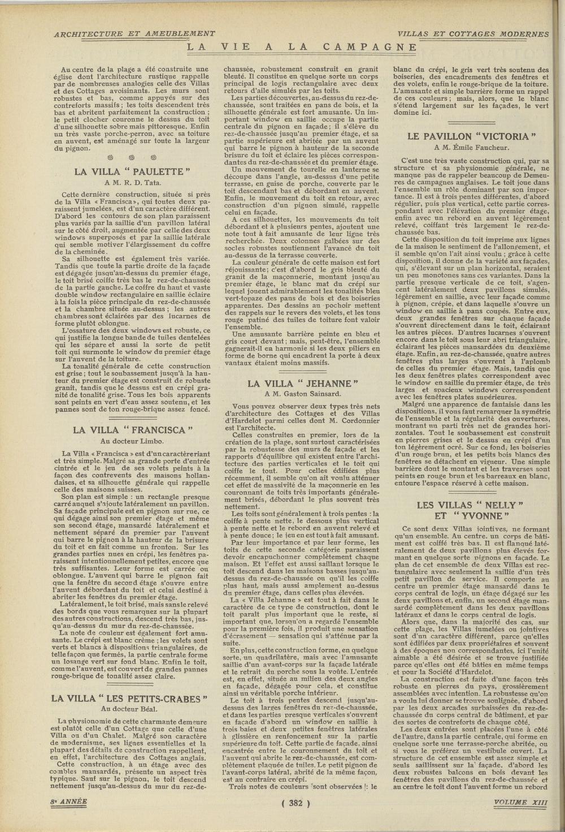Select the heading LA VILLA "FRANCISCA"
tap(133, 430)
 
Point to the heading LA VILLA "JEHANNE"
tap(303, 384)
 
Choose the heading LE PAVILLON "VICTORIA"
tap(471, 136)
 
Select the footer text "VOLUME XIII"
tap(519, 802)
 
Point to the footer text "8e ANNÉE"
tap(67, 802)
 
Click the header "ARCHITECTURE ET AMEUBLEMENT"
tap(134, 34)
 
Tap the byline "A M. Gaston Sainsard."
tap(303, 395)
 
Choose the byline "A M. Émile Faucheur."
tap(471, 148)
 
